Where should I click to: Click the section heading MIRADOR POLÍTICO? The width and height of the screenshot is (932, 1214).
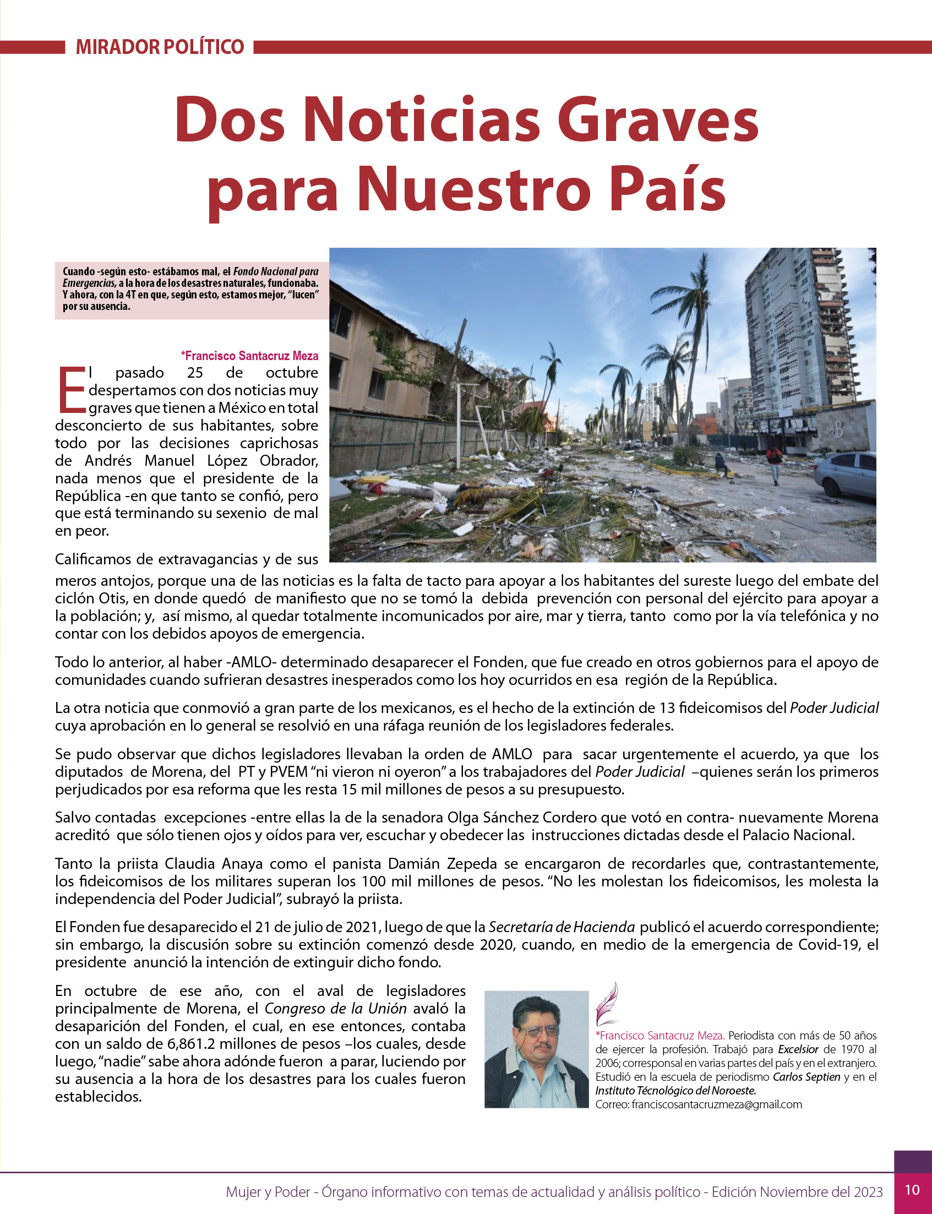click(160, 47)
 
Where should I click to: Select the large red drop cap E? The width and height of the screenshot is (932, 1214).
click(71, 389)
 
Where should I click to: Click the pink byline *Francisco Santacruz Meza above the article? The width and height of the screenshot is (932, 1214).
click(249, 356)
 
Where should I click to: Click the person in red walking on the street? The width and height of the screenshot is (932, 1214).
click(775, 464)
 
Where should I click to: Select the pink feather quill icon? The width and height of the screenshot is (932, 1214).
click(606, 1003)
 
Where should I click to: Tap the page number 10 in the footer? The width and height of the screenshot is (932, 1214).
click(912, 1190)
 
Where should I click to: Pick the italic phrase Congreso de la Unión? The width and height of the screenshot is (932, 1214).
click(335, 1008)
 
